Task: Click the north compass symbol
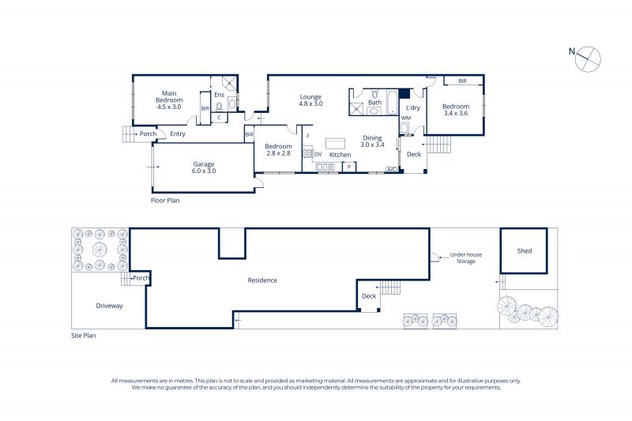[588, 59]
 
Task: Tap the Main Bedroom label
[169, 96]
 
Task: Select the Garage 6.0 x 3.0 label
[204, 167]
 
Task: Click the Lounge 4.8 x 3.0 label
[310, 100]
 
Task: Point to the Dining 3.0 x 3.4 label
[372, 141]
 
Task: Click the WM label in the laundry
[406, 118]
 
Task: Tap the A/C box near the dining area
[391, 170]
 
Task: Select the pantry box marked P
[349, 167]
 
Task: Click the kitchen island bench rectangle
[335, 144]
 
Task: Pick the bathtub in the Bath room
[392, 102]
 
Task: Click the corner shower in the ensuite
[230, 84]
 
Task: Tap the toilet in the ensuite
[220, 107]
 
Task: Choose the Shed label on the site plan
[525, 250]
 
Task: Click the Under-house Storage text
[466, 257]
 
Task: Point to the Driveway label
[109, 306]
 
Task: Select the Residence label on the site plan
[262, 280]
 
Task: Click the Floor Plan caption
[165, 200]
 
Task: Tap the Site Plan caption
[84, 335]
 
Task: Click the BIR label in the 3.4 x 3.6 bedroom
[463, 81]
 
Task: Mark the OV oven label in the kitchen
[318, 154]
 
